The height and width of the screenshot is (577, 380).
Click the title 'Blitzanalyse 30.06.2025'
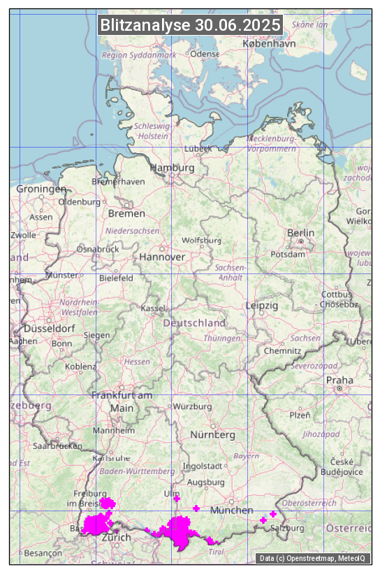pyautogui.click(x=190, y=25)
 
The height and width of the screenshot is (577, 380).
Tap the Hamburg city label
pyautogui.click(x=173, y=168)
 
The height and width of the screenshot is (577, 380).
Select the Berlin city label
pyautogui.click(x=300, y=232)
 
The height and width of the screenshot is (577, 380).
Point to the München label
pyautogui.click(x=231, y=510)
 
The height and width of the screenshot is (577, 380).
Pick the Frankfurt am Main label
pyautogui.click(x=122, y=401)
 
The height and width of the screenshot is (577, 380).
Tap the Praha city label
pyautogui.click(x=339, y=380)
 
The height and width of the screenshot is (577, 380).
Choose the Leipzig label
pyautogui.click(x=262, y=306)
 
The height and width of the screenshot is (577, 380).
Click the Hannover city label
pyautogui.click(x=162, y=257)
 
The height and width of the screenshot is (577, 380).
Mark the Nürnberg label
pyautogui.click(x=213, y=434)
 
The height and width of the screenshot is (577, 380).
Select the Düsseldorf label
pyautogui.click(x=49, y=328)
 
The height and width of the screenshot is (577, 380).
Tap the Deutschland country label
pyautogui.click(x=194, y=323)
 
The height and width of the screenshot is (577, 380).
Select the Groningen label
pyautogui.click(x=41, y=189)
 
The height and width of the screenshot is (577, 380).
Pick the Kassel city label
pyautogui.click(x=152, y=308)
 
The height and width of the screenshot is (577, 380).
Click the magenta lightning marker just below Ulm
pyautogui.click(x=177, y=499)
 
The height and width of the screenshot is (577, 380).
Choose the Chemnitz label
pyautogui.click(x=283, y=350)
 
